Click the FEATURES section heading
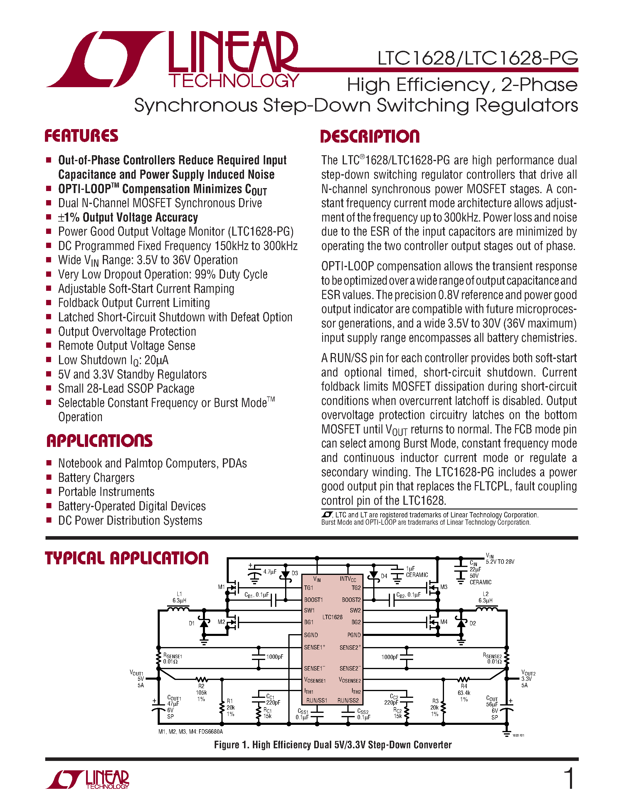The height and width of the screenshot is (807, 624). click(81, 136)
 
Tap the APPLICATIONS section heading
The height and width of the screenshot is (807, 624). click(100, 441)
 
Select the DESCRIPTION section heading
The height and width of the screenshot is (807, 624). click(370, 136)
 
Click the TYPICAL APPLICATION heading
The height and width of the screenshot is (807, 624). click(127, 558)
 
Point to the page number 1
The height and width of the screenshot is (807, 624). click(570, 778)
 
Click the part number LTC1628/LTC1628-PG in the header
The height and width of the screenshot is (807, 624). click(477, 58)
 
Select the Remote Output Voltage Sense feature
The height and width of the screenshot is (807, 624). click(127, 346)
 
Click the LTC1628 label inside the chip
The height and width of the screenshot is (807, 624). click(332, 617)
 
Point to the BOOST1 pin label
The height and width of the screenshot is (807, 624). click(313, 600)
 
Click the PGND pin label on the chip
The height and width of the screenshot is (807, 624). click(354, 635)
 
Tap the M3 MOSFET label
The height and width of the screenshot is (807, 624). click(444, 587)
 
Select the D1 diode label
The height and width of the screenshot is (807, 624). click(191, 623)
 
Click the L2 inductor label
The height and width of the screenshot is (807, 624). click(485, 594)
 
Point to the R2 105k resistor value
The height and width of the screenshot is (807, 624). click(201, 693)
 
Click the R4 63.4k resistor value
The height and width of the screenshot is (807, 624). click(464, 693)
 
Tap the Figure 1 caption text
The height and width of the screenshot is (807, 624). click(333, 744)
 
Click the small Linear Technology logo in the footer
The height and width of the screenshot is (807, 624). click(87, 780)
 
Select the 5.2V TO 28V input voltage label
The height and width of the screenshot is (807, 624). click(500, 562)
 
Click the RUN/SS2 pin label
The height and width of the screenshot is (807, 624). click(348, 700)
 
